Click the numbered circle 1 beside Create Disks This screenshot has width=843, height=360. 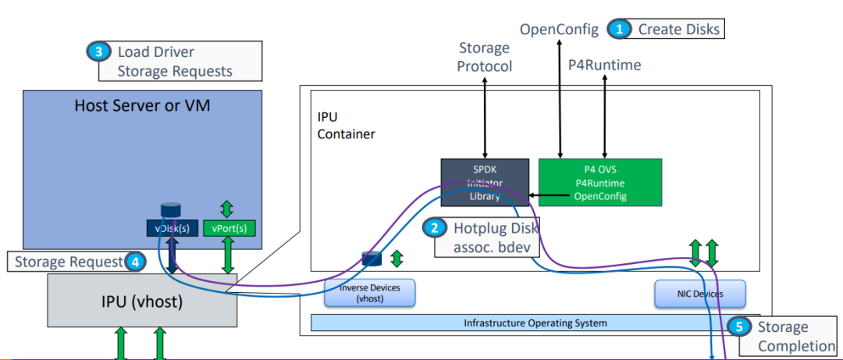621,30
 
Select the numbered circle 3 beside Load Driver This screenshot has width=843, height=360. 97,52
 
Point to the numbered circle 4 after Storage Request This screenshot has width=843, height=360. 134,262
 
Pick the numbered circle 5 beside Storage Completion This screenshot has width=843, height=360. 738,327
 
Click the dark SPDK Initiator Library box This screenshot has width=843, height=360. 485,183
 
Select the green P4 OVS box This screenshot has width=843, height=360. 599,183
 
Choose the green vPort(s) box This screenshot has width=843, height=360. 228,228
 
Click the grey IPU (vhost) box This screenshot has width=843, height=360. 142,301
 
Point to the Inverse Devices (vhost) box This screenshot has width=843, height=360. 370,294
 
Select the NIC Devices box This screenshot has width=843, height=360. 700,294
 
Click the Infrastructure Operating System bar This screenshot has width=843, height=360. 535,323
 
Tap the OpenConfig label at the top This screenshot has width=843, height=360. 559,30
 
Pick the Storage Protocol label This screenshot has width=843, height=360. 485,58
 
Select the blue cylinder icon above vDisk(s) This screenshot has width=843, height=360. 169,209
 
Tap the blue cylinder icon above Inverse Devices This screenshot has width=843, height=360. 371,258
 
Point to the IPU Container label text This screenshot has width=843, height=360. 346,125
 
